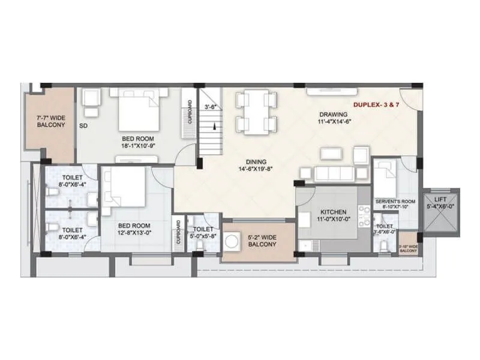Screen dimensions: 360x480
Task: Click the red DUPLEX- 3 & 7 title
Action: click(x=377, y=104)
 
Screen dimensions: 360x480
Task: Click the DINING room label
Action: click(x=256, y=161)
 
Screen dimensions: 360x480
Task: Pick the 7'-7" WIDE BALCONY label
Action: click(x=50, y=121)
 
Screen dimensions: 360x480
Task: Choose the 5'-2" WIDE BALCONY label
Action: click(x=259, y=241)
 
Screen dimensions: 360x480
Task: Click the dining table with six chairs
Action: click(x=256, y=112)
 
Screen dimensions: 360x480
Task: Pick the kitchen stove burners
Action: click(x=364, y=218)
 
